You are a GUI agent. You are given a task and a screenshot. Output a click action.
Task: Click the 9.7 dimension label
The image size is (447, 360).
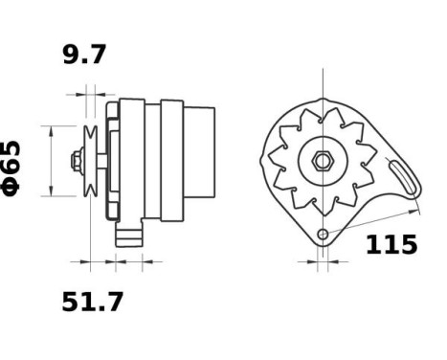pos(85,55)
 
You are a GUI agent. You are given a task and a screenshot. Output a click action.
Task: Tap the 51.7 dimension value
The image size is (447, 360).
pos(92,303)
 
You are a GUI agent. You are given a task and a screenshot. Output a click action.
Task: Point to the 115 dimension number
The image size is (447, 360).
pos(391,245)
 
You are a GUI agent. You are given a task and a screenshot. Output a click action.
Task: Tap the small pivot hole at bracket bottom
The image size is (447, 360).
pos(324,235)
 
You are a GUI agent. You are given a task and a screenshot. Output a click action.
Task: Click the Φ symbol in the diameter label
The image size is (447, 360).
pos(16,186)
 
